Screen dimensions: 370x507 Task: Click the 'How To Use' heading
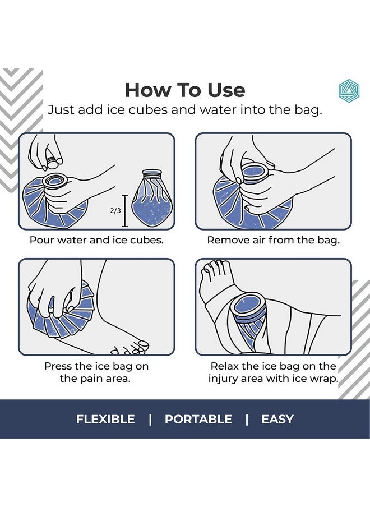(185, 90)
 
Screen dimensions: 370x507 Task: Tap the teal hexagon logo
(349, 90)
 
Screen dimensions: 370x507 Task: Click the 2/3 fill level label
(115, 211)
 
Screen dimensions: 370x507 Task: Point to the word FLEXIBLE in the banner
(105, 419)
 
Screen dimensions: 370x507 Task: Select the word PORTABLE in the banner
(198, 419)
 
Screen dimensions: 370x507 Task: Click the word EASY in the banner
(277, 419)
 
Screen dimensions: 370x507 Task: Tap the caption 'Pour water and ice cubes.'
(96, 240)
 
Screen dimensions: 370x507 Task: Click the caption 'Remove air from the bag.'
(274, 240)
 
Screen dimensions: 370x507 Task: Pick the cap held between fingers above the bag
(53, 162)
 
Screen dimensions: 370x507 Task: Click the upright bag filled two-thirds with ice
(151, 197)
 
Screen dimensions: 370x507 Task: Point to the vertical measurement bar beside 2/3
(125, 211)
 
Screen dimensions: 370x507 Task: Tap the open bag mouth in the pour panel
(54, 180)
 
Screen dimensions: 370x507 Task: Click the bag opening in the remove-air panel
(255, 170)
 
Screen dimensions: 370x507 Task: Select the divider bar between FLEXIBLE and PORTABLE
(150, 420)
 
